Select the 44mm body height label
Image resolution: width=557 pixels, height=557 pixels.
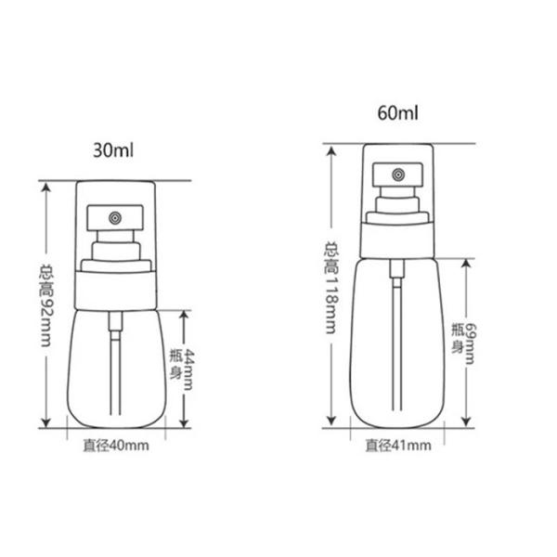click(193, 367)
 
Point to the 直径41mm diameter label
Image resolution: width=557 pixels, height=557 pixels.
click(397, 447)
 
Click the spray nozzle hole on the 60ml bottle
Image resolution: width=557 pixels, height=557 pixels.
click(397, 174)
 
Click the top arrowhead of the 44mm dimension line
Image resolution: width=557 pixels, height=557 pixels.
click(186, 313)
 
